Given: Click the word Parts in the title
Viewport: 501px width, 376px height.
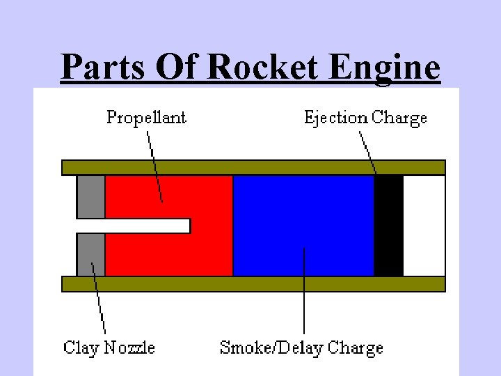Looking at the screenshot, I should point(103,68).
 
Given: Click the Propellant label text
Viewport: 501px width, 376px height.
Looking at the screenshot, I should point(146,118).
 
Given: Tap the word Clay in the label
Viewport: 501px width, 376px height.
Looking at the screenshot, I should point(81,347).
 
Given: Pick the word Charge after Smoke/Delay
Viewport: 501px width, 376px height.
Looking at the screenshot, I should point(355,347).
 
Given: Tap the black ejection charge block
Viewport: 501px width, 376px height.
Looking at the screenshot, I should point(389,225).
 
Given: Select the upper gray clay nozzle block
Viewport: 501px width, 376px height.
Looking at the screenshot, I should point(90,196).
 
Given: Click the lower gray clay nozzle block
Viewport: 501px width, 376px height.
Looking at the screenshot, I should point(90,254).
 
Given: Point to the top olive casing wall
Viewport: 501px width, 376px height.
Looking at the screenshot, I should point(253,167).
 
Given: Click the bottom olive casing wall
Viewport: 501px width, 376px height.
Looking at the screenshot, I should point(253,283).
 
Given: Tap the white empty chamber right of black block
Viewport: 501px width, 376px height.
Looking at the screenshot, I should point(424,225).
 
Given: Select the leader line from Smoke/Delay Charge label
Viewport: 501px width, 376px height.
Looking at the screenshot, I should point(304,292).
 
